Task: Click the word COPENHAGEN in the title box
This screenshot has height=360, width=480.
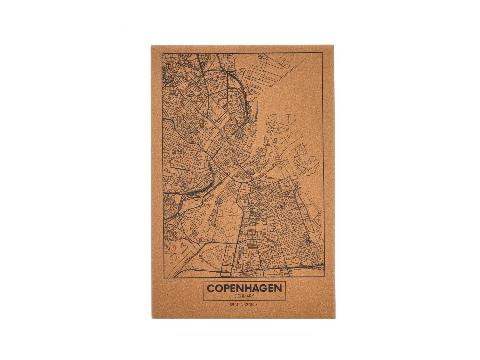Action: pos(244,288)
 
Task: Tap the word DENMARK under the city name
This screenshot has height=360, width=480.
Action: pos(244,296)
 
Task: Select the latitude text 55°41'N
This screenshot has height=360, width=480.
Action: pos(236,305)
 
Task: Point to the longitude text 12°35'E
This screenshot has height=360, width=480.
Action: pos(251,305)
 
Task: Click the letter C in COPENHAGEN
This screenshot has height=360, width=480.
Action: pos(211,288)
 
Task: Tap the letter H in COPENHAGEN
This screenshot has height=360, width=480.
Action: pos(243,288)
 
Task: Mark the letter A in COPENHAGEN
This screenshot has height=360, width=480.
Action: pos(252,288)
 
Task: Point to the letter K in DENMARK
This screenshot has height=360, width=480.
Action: pos(252,296)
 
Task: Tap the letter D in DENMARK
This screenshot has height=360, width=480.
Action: pos(236,296)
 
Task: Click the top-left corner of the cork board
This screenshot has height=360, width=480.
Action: pos(151,45)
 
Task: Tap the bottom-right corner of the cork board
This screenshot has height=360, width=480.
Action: pos(335,318)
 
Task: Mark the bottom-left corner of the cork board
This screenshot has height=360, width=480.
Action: pos(152,318)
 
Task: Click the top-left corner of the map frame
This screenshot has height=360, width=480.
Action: pos(162,53)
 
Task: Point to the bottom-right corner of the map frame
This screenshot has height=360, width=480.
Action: pos(324,277)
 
